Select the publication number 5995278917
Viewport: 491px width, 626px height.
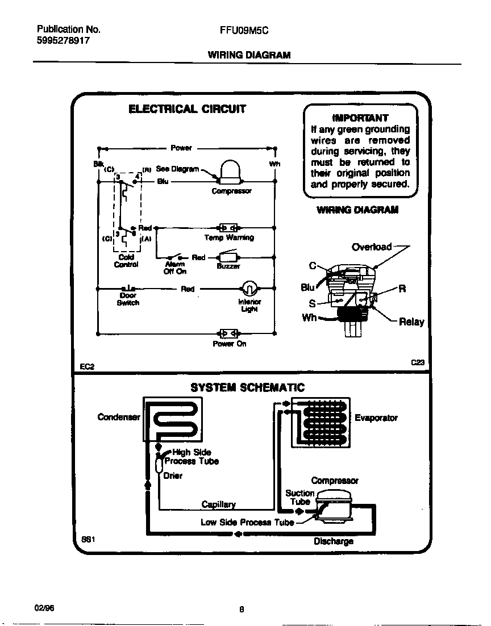point(63,41)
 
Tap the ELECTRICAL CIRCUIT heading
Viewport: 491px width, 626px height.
point(187,109)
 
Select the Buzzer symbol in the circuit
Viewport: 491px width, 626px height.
point(230,256)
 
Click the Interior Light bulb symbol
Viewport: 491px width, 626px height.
point(249,287)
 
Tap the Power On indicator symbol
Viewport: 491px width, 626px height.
point(228,333)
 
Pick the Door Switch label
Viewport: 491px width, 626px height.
point(128,299)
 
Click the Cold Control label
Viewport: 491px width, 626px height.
point(126,261)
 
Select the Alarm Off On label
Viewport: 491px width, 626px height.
point(174,268)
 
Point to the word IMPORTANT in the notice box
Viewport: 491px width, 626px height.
point(360,118)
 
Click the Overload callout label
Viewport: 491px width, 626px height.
point(372,247)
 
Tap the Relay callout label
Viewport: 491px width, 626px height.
point(411,322)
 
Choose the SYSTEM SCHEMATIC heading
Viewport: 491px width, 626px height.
point(247,388)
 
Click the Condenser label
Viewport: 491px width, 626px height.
point(119,417)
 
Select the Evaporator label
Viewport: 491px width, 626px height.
point(376,418)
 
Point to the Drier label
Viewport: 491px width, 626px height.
point(173,475)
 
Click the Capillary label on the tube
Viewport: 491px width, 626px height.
point(218,504)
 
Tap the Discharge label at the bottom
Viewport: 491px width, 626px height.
point(333,541)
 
